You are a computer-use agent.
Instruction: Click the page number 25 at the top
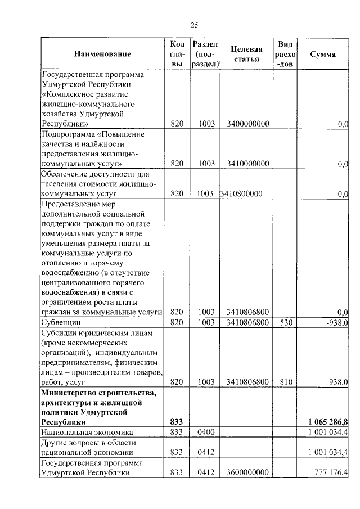click(x=195, y=24)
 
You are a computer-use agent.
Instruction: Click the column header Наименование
click(x=102, y=54)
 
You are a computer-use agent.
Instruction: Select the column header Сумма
click(x=323, y=55)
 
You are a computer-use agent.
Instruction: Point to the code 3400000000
click(x=248, y=124)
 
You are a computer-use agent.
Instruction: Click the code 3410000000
click(x=248, y=164)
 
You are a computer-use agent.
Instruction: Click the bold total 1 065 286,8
click(x=328, y=422)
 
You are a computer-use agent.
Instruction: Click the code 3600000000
click(x=248, y=472)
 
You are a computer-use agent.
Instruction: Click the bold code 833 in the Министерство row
click(x=177, y=422)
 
